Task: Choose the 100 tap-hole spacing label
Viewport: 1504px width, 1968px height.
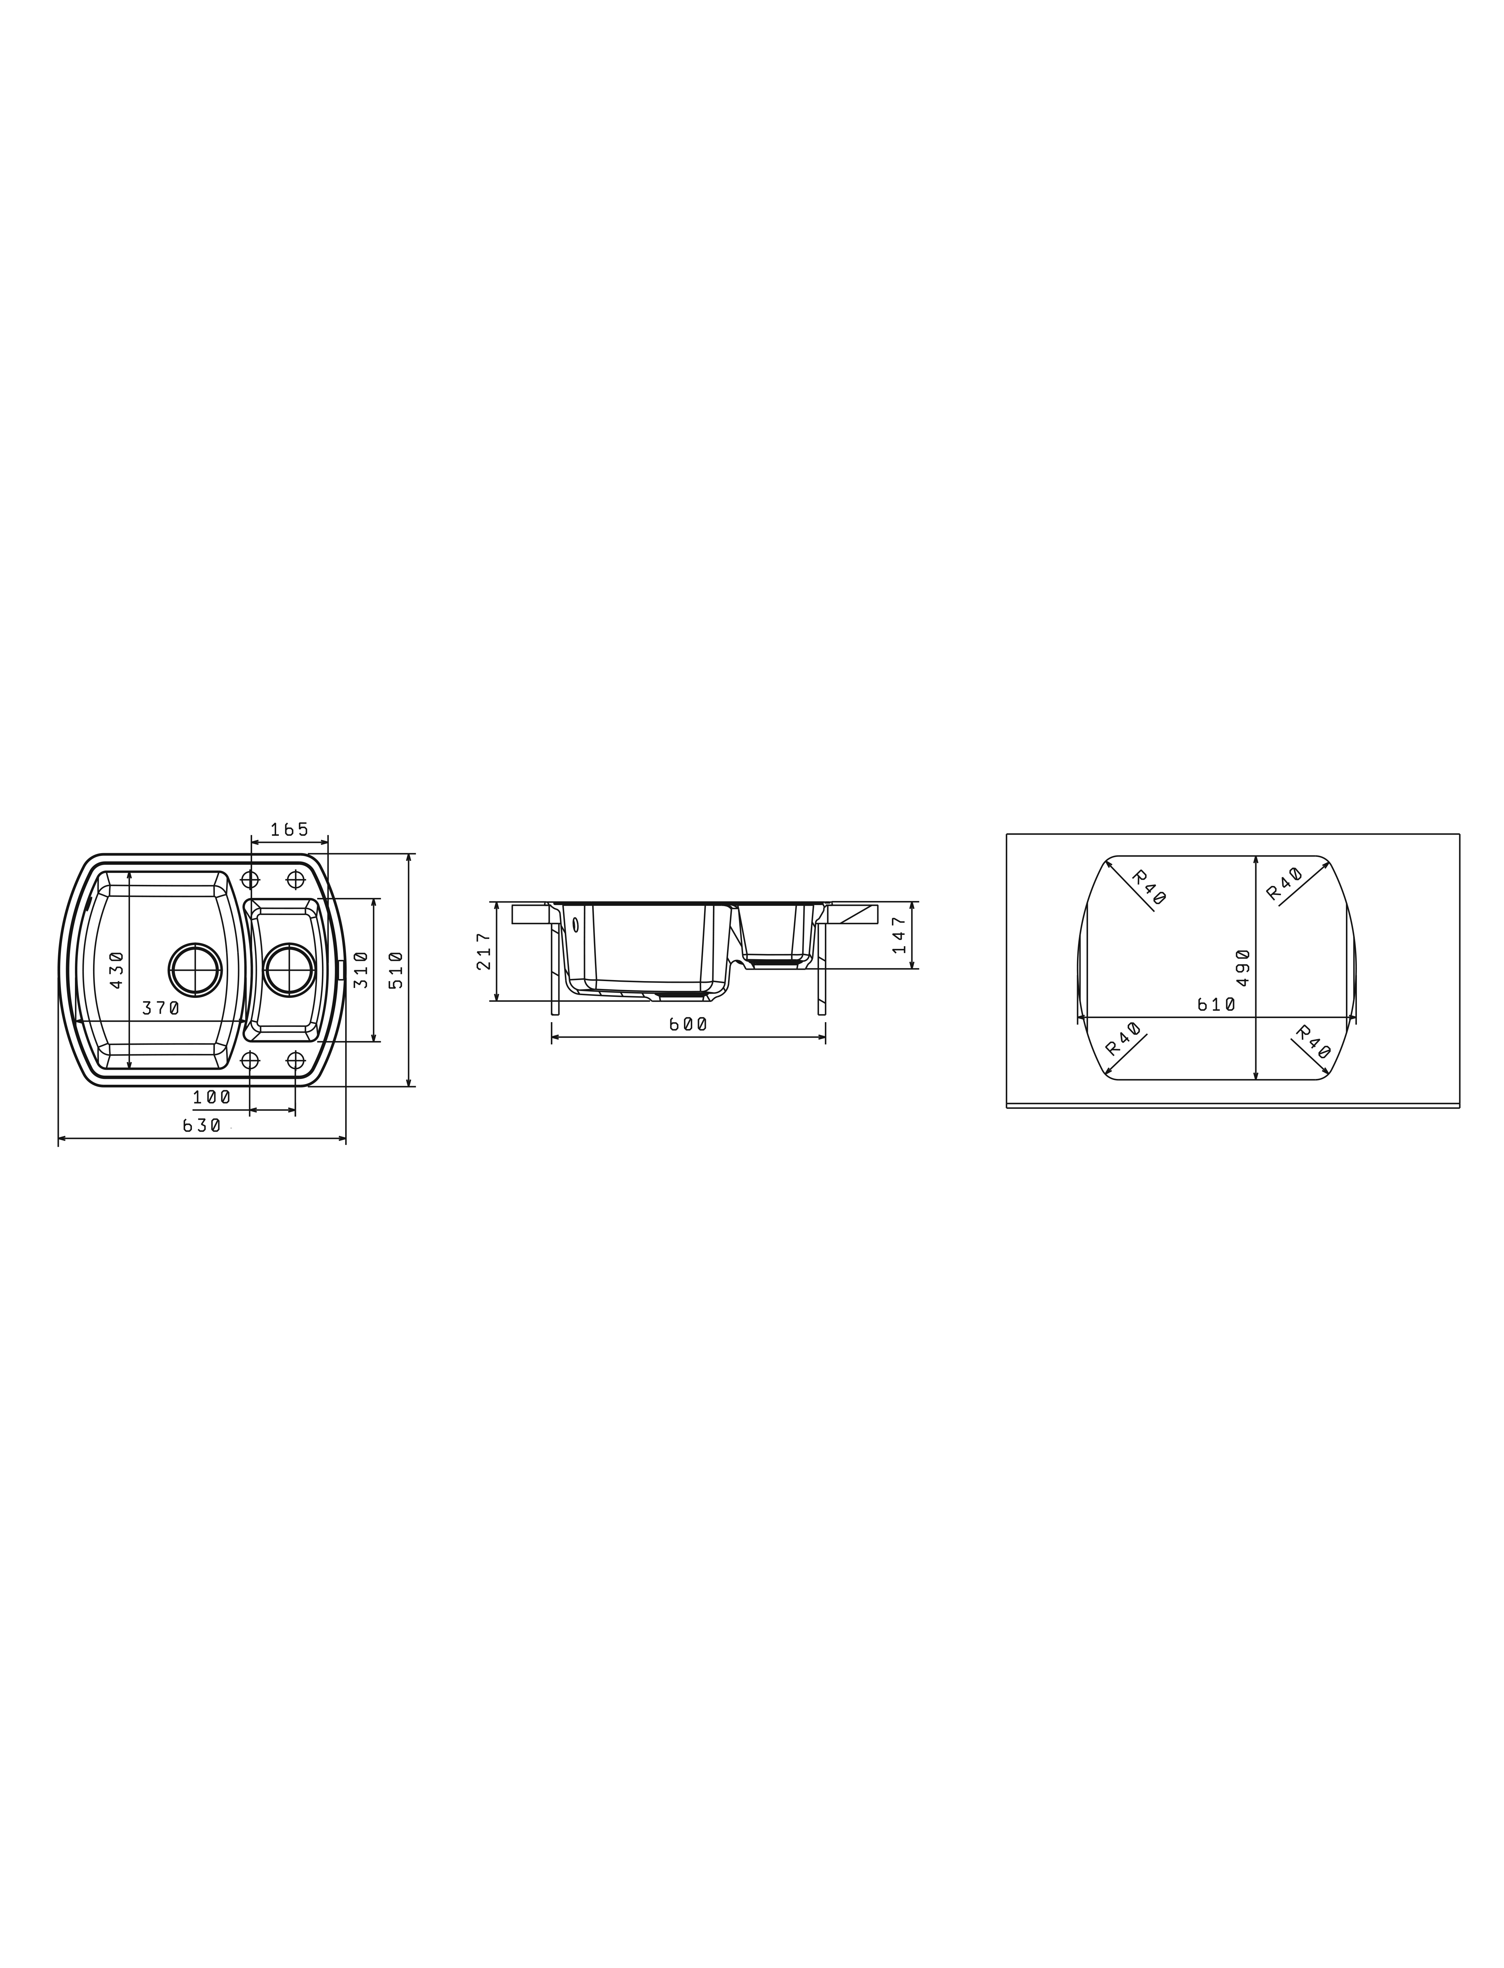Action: [212, 1097]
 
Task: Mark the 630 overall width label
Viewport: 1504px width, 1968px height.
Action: [202, 1126]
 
